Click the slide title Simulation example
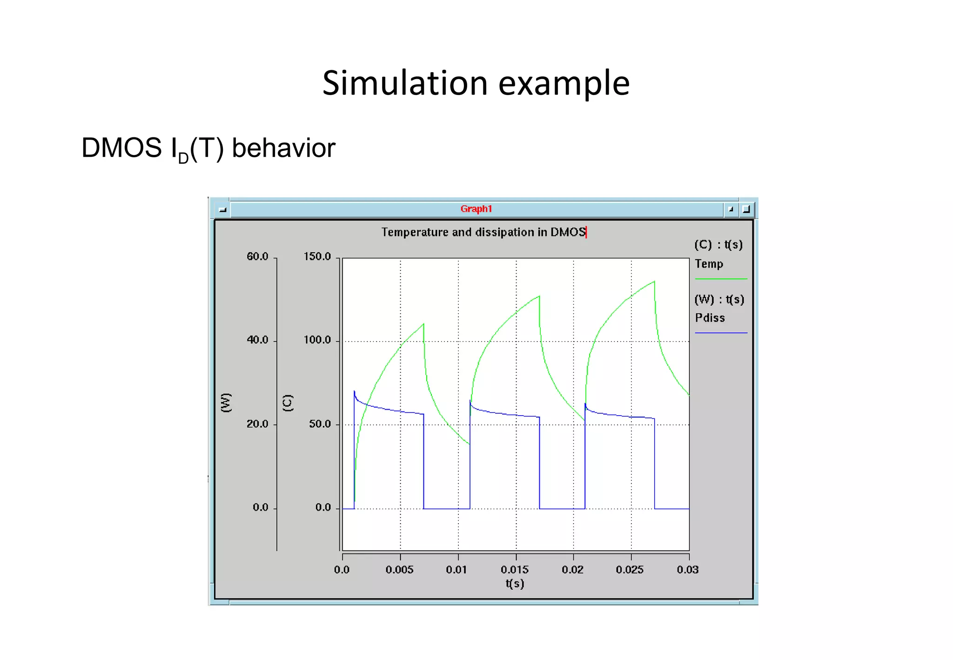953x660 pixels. [x=476, y=83]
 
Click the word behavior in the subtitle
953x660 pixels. [x=283, y=148]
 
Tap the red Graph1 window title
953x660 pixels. [x=476, y=209]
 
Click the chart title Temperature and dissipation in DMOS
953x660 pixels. [x=483, y=232]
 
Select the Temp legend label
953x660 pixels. [x=709, y=264]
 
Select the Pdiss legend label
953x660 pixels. [x=710, y=318]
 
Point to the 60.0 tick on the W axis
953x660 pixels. [x=257, y=257]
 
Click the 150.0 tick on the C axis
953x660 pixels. [x=317, y=257]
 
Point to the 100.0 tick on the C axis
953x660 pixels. [x=317, y=340]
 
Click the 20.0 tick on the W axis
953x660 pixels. [x=257, y=424]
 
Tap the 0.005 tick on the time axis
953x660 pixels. [x=399, y=570]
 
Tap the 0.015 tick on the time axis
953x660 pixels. [x=515, y=570]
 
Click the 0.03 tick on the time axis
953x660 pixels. [x=687, y=570]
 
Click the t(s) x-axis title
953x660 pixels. [x=515, y=584]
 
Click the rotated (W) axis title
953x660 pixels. [x=226, y=403]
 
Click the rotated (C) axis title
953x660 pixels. [x=288, y=403]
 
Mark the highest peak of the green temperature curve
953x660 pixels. [x=654, y=282]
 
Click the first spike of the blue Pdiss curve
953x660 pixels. [x=354, y=392]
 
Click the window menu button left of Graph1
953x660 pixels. [x=222, y=210]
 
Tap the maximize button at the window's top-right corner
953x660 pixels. [x=746, y=209]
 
